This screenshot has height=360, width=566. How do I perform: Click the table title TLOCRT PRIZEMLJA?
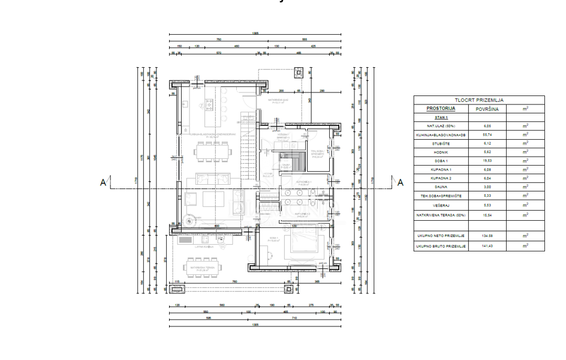478,101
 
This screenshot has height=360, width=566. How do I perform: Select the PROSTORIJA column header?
441,109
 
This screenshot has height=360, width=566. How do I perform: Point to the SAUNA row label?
441,187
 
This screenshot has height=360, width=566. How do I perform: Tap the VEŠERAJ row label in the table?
441,205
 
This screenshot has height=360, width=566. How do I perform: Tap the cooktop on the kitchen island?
209,106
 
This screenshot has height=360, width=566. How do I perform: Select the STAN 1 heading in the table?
441,118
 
